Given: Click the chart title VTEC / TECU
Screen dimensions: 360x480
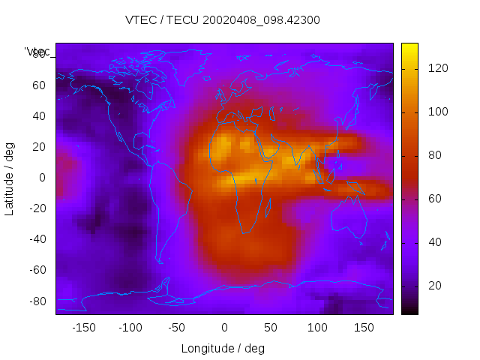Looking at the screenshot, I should [x=222, y=20].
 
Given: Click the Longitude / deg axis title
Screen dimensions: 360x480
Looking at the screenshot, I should [x=223, y=348].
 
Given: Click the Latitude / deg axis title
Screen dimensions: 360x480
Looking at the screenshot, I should [x=10, y=178].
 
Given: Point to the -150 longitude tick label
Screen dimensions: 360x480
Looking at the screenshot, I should [x=84, y=328].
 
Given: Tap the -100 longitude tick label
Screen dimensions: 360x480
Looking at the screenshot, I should [x=130, y=328].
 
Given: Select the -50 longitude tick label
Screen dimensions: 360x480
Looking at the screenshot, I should [x=177, y=328].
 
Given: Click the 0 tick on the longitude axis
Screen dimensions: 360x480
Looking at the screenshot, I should [x=223, y=328].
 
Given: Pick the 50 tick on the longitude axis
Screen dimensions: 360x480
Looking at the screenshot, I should [x=270, y=328].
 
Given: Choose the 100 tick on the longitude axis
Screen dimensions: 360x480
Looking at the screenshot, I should [x=316, y=328].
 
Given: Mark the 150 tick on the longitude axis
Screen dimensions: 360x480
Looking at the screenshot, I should [x=363, y=328].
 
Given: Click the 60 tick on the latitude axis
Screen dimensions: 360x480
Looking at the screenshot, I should [x=39, y=85].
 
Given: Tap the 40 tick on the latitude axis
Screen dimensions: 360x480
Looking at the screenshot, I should [x=39, y=115].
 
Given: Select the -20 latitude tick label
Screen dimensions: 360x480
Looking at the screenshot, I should [x=37, y=208].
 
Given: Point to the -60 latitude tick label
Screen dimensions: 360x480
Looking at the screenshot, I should [x=37, y=270].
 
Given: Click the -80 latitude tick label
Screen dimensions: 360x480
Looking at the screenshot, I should [x=37, y=301].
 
